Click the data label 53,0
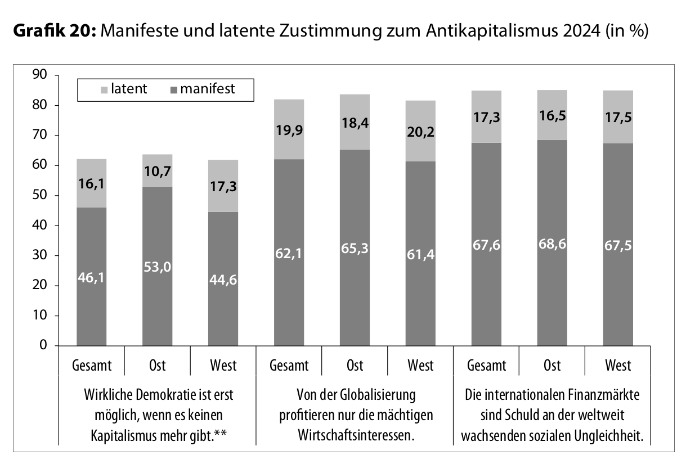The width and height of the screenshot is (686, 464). [x=157, y=266]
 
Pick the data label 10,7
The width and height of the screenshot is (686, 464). [x=157, y=171]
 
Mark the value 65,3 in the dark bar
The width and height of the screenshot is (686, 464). [x=355, y=247]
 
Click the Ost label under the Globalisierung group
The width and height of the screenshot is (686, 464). [x=355, y=366]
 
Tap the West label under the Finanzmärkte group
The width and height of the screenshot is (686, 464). [x=617, y=366]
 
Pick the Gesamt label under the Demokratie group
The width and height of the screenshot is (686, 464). [x=91, y=366]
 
